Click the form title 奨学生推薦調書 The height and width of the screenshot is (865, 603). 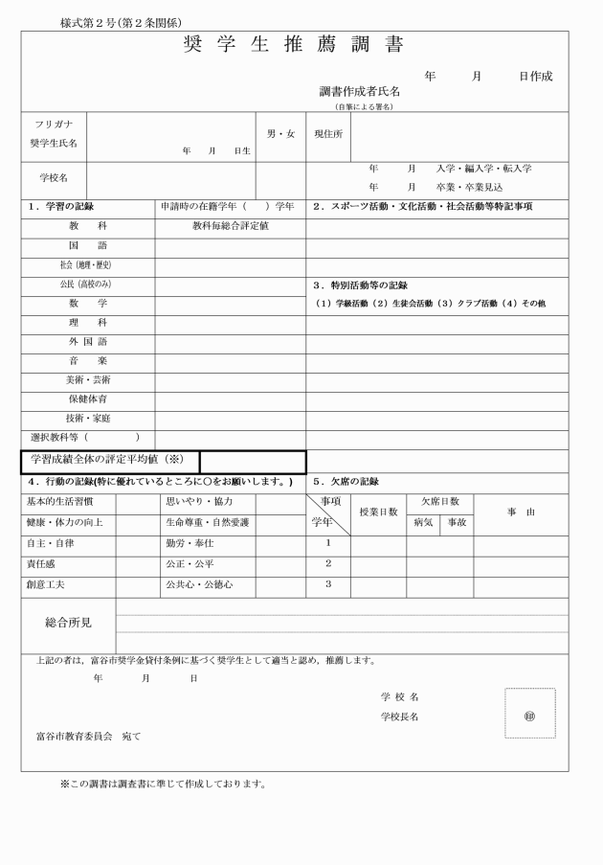click(292, 45)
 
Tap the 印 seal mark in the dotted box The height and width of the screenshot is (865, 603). click(529, 715)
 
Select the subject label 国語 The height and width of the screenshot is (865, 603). click(87, 246)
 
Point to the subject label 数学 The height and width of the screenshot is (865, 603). click(87, 303)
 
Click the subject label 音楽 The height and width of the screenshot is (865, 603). click(87, 360)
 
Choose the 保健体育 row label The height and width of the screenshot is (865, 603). click(87, 398)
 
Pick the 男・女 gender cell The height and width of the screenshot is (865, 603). click(279, 134)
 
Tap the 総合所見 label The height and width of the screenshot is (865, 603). click(68, 623)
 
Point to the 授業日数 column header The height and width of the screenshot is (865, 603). click(378, 512)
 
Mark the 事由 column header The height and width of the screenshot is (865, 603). click(521, 512)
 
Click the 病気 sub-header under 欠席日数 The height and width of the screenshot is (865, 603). click(423, 523)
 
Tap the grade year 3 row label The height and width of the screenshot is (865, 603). click(327, 584)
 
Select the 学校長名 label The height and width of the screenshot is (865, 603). click(399, 716)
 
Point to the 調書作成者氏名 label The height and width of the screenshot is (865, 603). click(360, 92)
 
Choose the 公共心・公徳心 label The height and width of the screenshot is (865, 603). click(199, 584)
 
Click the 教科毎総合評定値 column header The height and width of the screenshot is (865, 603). click(230, 227)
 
